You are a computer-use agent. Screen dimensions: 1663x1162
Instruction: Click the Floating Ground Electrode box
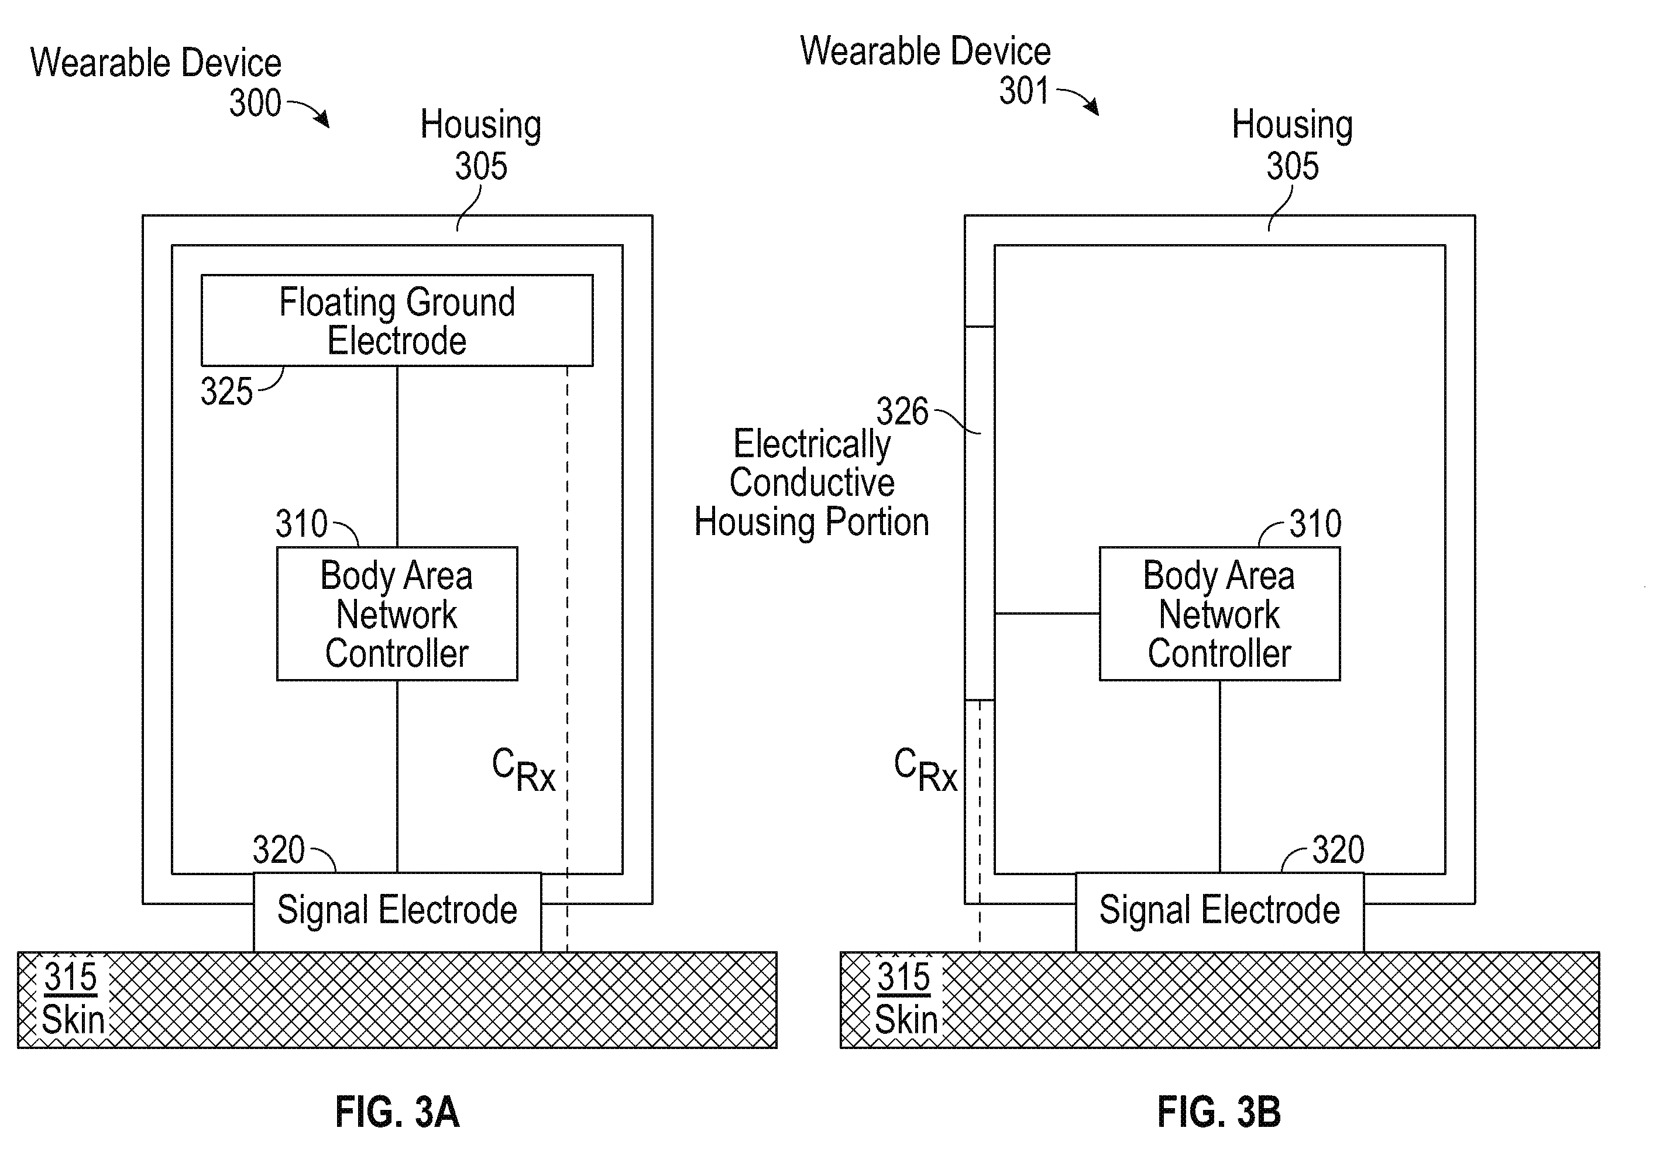397,320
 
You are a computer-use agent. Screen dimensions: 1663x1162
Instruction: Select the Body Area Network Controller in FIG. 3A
397,613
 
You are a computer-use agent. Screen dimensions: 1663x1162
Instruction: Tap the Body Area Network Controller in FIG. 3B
1219,613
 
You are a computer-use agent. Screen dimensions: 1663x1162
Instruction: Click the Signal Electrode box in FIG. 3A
397,912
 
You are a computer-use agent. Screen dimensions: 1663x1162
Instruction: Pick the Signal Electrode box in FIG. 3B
1219,912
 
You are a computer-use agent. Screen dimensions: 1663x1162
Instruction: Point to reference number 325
226,392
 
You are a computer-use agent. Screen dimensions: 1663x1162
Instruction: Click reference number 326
902,412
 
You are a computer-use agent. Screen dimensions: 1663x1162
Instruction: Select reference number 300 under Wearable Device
256,103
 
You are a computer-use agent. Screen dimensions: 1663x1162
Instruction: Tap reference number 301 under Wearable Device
1024,91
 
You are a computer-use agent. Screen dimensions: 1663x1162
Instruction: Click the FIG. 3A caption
397,1112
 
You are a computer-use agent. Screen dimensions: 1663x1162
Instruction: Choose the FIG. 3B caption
1219,1112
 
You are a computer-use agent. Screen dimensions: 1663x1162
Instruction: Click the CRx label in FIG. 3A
524,770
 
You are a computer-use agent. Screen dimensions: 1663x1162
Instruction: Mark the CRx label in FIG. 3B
926,770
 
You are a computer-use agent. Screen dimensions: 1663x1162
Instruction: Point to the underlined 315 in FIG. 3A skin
70,977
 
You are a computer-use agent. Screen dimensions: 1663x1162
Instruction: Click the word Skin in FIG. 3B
906,1020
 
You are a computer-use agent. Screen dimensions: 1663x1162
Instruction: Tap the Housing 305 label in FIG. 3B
1292,145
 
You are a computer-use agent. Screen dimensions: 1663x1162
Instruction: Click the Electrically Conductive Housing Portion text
812,482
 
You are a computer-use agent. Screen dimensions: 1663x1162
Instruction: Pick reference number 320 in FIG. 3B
1338,850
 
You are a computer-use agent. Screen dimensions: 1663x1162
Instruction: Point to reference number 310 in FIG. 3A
301,524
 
